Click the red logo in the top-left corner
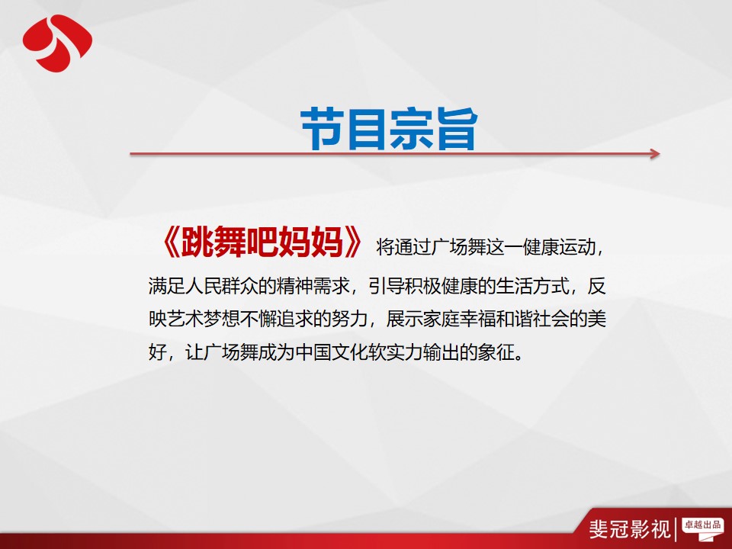57,43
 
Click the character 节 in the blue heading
322,128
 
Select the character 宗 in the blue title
411,128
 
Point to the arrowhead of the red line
655,153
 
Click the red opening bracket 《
169,242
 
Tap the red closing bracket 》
353,242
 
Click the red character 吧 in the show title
262,242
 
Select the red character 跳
197,242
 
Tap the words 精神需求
313,286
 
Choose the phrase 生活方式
533,286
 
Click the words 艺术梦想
204,319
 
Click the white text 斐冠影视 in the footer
630,529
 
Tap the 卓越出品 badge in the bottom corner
702,527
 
